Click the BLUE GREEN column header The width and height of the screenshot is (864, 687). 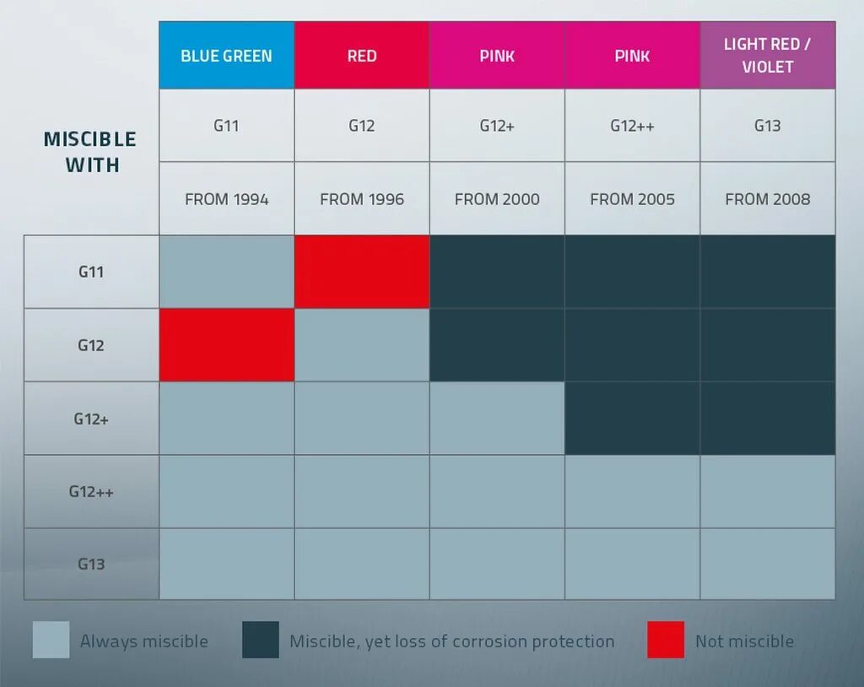coord(226,56)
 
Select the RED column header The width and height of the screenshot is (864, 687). coord(362,56)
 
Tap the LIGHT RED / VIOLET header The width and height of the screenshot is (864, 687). coord(767,56)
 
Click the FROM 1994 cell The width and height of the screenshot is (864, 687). coord(226,199)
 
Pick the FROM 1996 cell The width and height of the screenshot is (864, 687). coord(362,199)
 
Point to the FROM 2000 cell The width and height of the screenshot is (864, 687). coord(497,199)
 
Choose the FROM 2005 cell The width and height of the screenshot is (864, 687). coord(632,199)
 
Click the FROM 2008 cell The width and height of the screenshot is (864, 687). coord(767,199)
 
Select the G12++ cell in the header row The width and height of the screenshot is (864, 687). coord(632,126)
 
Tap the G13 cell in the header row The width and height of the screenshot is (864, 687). coord(767,126)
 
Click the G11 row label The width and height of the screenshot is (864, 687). coord(91,272)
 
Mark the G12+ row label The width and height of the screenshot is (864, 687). coord(91,419)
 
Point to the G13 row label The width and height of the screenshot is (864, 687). coord(91,564)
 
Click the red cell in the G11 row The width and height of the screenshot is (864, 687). coord(362,272)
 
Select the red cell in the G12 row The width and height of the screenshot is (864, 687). coord(226,345)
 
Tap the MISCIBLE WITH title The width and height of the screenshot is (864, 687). coord(90,152)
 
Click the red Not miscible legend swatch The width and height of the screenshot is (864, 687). coord(666,640)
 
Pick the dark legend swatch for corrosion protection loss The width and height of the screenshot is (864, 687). coord(261,640)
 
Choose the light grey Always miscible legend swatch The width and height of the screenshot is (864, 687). coord(51,640)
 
